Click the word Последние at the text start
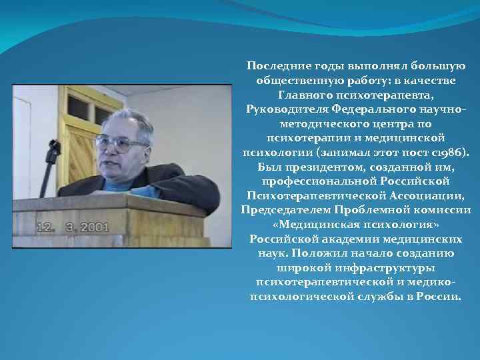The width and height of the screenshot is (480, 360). click(x=273, y=66)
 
